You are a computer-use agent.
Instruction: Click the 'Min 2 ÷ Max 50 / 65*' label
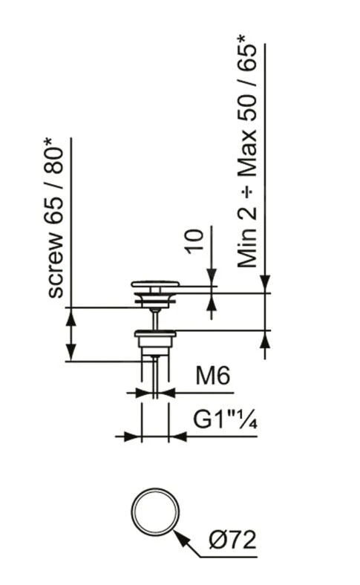[x=249, y=155]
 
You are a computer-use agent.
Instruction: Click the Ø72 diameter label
[x=231, y=539]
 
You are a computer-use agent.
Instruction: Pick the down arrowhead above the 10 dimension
[x=212, y=278]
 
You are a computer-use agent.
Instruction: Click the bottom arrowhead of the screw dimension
[x=72, y=355]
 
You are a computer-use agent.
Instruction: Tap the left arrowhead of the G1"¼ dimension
[x=135, y=436]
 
